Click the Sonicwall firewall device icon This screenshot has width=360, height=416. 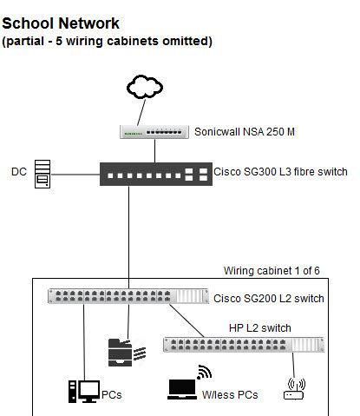tap(154, 132)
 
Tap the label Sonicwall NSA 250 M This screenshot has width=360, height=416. tap(245, 131)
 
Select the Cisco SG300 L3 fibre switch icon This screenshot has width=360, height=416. tap(154, 173)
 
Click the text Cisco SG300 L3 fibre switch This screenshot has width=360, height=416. tap(280, 172)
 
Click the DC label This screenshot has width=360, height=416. tap(18, 172)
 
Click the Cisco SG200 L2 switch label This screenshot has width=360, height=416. tap(269, 298)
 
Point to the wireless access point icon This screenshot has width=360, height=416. tap(295, 390)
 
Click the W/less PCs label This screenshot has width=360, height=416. tap(230, 395)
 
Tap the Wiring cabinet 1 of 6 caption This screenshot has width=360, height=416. tap(272, 271)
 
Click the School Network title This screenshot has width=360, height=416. tap(62, 23)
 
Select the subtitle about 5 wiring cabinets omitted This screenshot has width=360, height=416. tap(107, 41)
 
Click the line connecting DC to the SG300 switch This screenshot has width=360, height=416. tap(76, 173)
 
